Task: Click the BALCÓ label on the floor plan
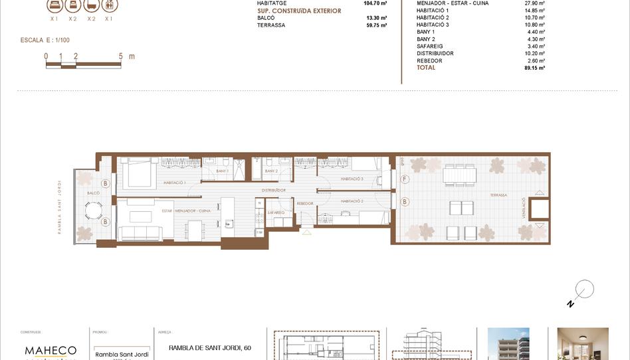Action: (x=93, y=193)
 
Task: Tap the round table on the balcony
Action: (x=93, y=211)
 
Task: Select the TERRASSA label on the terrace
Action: (x=498, y=195)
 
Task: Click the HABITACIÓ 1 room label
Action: (x=174, y=182)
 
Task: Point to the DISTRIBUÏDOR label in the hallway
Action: (x=273, y=190)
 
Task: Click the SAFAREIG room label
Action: (x=276, y=213)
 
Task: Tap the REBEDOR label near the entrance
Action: (x=305, y=203)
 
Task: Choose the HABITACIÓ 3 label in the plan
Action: (x=352, y=179)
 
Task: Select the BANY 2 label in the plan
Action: (x=271, y=171)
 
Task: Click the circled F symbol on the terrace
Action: (x=405, y=179)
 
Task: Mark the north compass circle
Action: (x=585, y=289)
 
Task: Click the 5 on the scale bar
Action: (x=121, y=56)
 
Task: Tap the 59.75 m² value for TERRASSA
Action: (x=376, y=25)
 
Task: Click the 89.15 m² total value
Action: (x=534, y=68)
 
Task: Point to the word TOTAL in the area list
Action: (x=426, y=68)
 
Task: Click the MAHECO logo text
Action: (x=51, y=350)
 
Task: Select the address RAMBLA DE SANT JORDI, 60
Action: (x=210, y=347)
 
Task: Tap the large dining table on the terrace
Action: (x=461, y=174)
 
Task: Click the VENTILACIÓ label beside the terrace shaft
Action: (x=524, y=209)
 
